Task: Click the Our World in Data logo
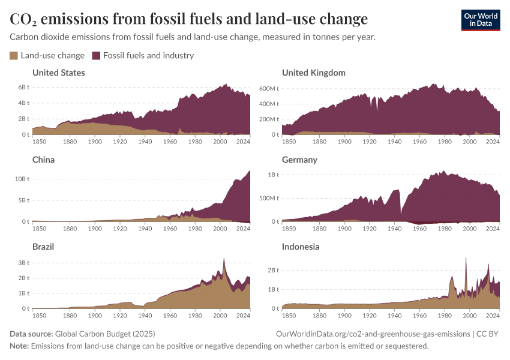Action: [480, 20]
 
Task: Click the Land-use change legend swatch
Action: [14, 56]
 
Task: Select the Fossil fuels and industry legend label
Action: [148, 56]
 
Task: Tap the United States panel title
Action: [58, 73]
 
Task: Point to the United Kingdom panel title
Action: [313, 73]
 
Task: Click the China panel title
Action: [43, 160]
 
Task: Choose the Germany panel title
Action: [299, 160]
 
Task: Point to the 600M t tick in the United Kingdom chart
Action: [269, 88]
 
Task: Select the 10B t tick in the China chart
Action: [22, 179]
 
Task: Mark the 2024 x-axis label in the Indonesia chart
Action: [493, 315]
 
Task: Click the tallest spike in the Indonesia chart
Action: [466, 259]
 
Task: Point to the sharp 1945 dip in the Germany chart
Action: [401, 213]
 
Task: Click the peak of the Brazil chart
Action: [224, 259]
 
